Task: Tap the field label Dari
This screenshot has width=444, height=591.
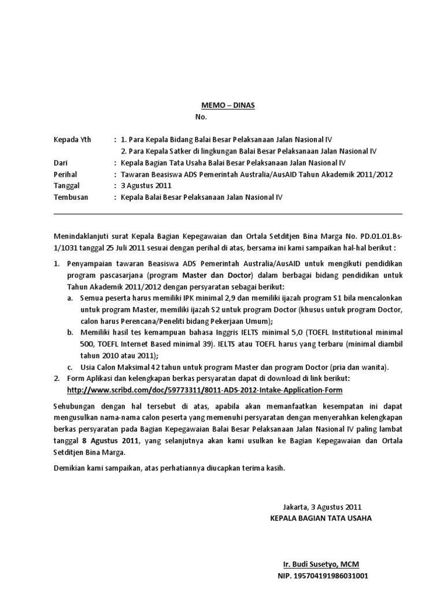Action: point(60,163)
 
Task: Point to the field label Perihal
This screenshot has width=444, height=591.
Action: point(65,174)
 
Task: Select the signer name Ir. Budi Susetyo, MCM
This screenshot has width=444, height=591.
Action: point(321,564)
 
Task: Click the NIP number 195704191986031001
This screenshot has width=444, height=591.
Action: point(323,575)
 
